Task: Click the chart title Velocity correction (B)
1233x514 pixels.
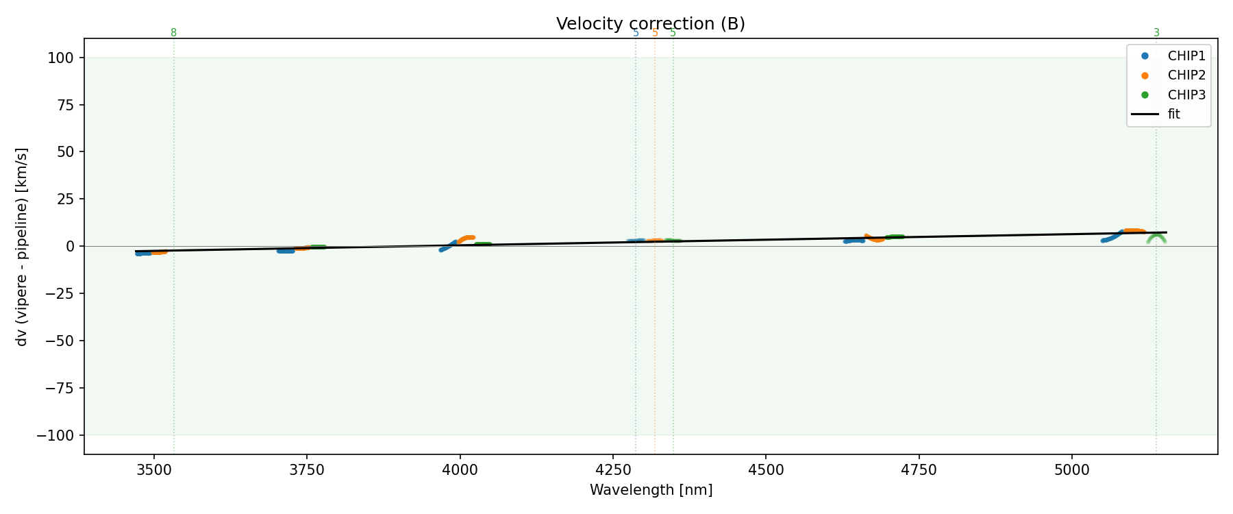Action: pyautogui.click(x=650, y=24)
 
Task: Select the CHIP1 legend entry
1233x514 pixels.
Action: pyautogui.click(x=1186, y=56)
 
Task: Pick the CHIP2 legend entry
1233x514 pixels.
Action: pyautogui.click(x=1186, y=75)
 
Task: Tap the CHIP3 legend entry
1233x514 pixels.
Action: pyautogui.click(x=1186, y=95)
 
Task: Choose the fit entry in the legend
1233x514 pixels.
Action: pyautogui.click(x=1173, y=114)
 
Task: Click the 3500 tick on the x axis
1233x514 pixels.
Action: pyautogui.click(x=154, y=469)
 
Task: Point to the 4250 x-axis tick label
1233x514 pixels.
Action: pyautogui.click(x=612, y=469)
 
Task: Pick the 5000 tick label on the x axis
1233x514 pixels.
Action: pyautogui.click(x=1071, y=469)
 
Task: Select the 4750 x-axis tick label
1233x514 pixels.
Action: pyautogui.click(x=919, y=469)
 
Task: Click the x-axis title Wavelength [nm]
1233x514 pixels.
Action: pyautogui.click(x=651, y=490)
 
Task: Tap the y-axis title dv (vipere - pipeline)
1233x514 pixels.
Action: pyautogui.click(x=22, y=247)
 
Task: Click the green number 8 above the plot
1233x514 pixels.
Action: pyautogui.click(x=173, y=33)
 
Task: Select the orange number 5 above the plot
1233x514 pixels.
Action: pyautogui.click(x=655, y=33)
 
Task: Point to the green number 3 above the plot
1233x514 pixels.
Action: pyautogui.click(x=1156, y=33)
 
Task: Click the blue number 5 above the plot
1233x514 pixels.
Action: pyautogui.click(x=636, y=33)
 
